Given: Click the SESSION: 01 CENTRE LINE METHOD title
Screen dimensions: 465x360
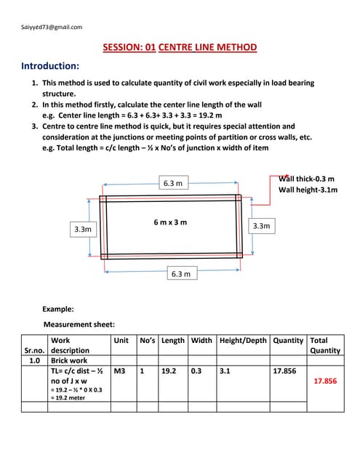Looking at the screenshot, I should tap(180, 48).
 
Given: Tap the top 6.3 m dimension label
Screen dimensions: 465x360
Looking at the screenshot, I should tap(172, 183).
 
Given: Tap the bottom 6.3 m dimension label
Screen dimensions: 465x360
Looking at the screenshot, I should tap(181, 273).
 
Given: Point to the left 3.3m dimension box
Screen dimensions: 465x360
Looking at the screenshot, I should tap(83, 229).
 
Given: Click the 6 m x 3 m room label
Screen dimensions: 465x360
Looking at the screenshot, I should tap(170, 222).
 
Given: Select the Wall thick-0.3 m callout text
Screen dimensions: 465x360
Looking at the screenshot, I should tap(307, 179).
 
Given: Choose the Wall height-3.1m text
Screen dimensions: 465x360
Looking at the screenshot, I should tap(308, 190).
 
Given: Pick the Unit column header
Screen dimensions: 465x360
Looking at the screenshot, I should tap(121, 340).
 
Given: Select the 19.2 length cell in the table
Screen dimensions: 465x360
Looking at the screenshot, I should tap(169, 371).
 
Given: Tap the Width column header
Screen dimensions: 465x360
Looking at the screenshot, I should tap(201, 340).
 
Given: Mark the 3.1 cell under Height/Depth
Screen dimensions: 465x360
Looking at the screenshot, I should tap(225, 371).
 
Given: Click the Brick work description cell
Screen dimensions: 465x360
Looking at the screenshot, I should tap(68, 360).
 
